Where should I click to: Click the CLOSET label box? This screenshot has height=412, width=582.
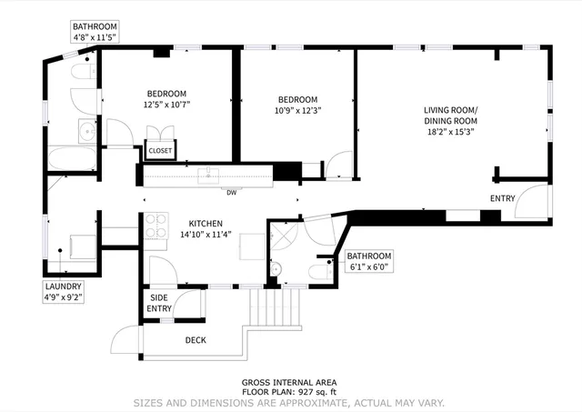[161, 151]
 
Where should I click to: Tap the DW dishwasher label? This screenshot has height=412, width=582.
[232, 192]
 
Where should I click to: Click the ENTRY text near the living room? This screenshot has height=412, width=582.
[502, 198]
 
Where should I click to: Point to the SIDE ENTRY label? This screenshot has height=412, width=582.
[160, 303]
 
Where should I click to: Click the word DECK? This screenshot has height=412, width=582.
[196, 340]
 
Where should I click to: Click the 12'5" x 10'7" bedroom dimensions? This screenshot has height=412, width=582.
[166, 104]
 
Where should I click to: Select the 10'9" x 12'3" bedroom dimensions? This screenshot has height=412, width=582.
[297, 110]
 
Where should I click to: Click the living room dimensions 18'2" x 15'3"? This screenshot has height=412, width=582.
[450, 131]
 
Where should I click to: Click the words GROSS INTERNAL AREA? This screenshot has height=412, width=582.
[288, 382]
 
